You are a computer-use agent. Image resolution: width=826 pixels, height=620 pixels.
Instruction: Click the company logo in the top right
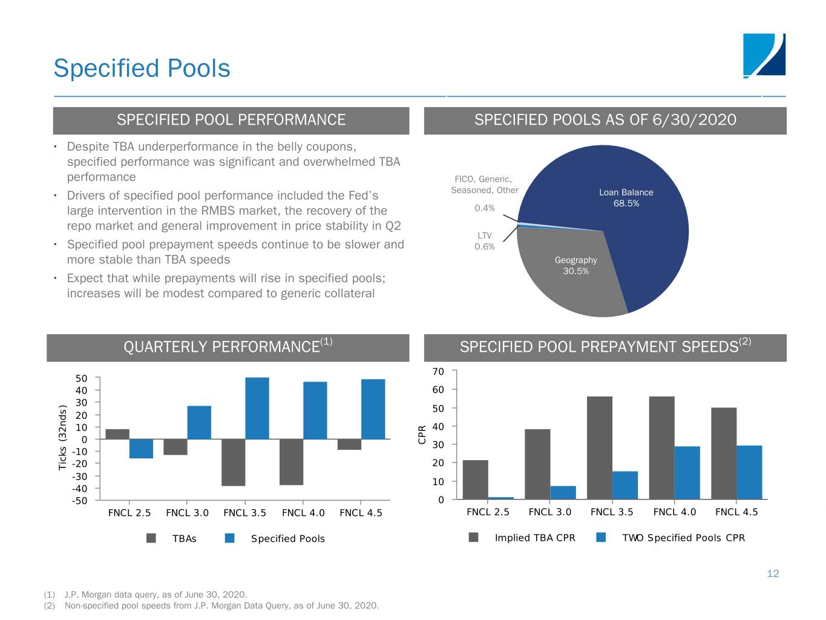[x=764, y=56]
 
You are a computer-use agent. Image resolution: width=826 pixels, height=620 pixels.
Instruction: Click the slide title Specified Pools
[x=142, y=68]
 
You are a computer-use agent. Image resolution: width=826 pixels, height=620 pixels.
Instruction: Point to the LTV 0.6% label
[x=485, y=241]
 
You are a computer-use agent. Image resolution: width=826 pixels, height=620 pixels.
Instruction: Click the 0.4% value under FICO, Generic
[x=485, y=208]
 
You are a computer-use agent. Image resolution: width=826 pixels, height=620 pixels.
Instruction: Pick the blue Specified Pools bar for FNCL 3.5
[x=257, y=408]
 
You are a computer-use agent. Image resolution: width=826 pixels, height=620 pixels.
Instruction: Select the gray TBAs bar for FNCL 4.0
[x=291, y=462]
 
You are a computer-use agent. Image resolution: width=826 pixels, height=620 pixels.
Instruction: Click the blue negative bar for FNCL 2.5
[x=141, y=449]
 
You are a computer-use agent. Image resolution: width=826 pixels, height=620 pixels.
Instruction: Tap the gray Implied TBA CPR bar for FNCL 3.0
[x=537, y=464]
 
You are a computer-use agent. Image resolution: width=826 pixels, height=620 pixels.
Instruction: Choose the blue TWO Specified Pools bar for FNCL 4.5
[x=749, y=472]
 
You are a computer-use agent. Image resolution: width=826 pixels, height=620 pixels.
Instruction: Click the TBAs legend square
[x=151, y=538]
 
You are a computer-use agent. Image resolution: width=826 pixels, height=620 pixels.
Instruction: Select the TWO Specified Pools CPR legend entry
[x=683, y=538]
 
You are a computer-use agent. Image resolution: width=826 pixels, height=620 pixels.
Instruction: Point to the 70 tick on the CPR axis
[x=438, y=371]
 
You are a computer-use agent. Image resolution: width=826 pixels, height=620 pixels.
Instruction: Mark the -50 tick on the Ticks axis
[x=79, y=501]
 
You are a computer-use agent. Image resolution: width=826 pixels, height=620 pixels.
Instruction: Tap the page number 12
[x=773, y=573]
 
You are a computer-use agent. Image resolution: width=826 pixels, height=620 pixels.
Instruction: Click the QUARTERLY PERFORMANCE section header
[x=228, y=347]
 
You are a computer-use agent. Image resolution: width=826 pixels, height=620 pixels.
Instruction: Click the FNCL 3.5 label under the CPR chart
[x=612, y=512]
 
